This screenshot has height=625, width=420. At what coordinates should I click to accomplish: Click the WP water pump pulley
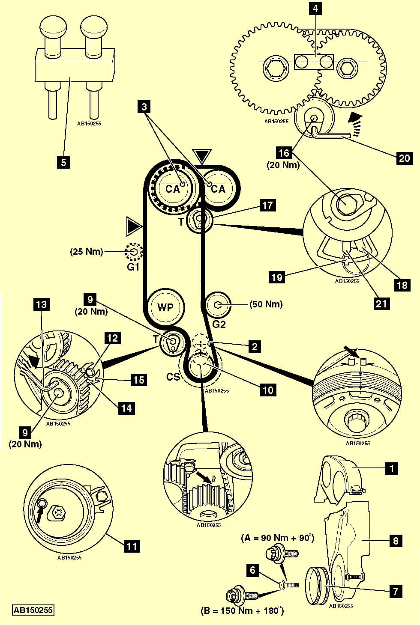(x=165, y=307)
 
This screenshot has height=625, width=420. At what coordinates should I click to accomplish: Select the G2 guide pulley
(x=218, y=305)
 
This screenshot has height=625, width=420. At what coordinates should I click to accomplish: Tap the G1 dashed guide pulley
(x=134, y=253)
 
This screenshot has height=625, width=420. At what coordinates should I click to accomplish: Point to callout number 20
(x=404, y=158)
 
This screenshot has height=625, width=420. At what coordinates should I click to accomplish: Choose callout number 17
(x=267, y=205)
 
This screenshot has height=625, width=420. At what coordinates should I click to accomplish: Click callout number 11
(x=132, y=546)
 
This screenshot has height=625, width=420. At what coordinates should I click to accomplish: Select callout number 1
(x=391, y=468)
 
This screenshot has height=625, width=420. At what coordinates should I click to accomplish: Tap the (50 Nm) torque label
(x=266, y=304)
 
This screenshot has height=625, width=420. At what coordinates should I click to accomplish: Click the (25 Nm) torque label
(x=87, y=251)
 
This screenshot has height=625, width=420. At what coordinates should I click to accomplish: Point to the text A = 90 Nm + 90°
(x=278, y=538)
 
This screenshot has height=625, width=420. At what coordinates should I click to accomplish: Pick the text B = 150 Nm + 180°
(x=242, y=610)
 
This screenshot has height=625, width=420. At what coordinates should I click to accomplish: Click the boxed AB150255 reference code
(x=33, y=610)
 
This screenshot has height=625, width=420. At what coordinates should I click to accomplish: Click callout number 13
(x=42, y=305)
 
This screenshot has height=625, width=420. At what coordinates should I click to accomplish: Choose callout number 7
(x=395, y=592)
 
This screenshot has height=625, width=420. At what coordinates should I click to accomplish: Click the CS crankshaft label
(x=173, y=377)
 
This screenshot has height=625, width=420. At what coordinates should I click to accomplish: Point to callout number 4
(x=315, y=9)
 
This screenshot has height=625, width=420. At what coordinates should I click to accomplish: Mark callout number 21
(x=381, y=304)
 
